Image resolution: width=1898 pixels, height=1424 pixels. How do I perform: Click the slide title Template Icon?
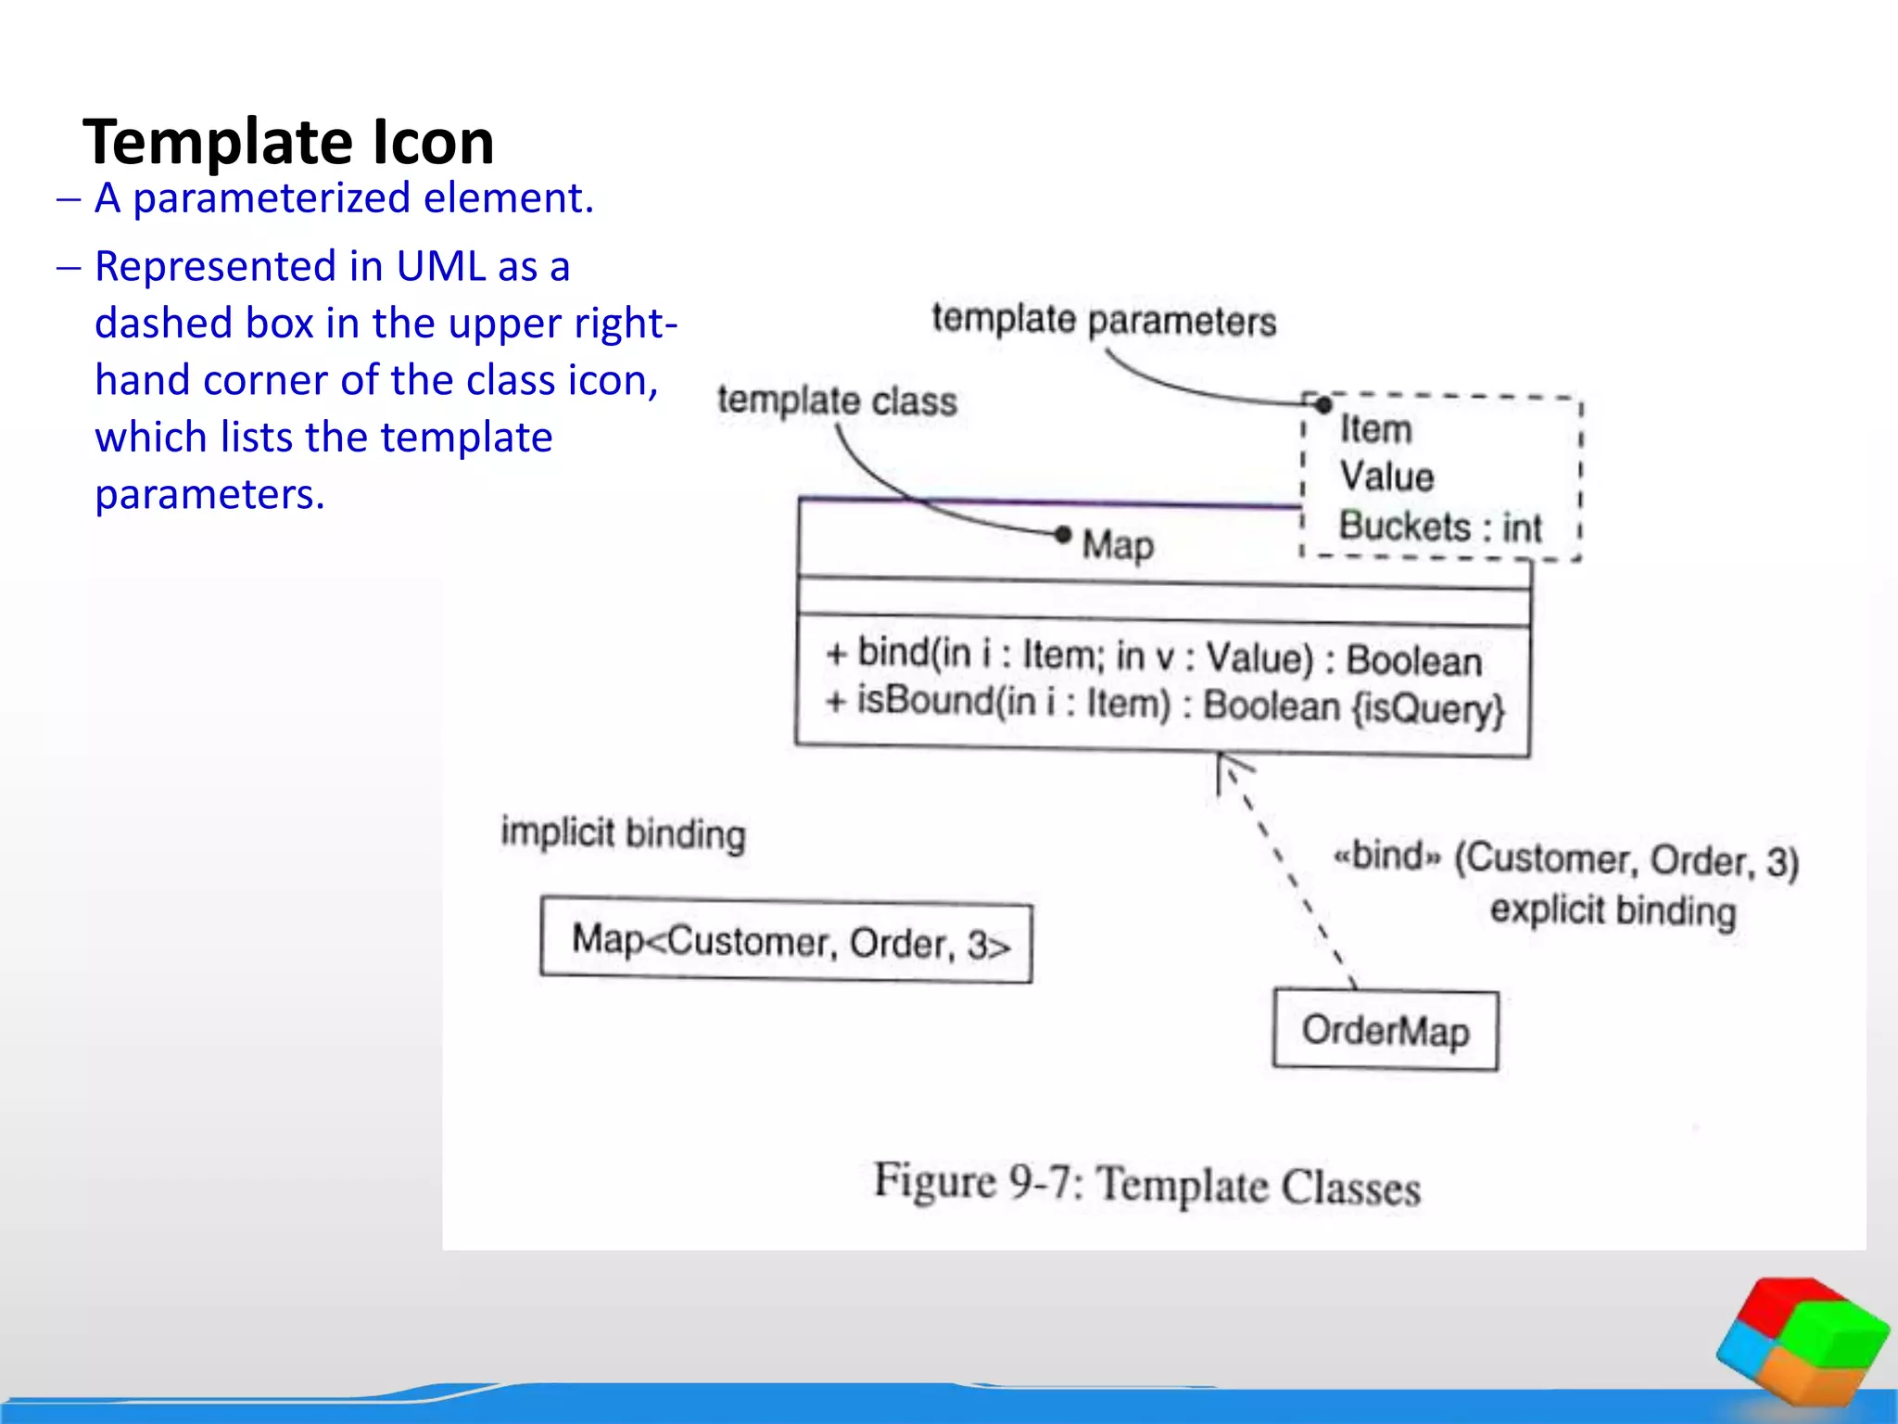[288, 142]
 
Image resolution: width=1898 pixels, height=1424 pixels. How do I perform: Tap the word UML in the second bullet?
[440, 267]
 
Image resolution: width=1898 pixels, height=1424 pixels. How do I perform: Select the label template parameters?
[1103, 320]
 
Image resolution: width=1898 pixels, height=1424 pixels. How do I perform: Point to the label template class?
[837, 400]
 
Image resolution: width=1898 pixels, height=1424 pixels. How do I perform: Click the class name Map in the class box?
[1118, 544]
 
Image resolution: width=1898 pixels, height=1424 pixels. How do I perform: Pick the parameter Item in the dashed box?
[1375, 429]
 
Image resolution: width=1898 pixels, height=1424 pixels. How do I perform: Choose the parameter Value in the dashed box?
[1386, 477]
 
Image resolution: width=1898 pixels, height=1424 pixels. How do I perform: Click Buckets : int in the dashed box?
[1439, 527]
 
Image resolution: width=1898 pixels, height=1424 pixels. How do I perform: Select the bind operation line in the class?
[1154, 656]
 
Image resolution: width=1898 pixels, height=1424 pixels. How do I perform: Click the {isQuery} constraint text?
[1427, 708]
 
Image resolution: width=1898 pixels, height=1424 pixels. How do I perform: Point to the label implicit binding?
[623, 833]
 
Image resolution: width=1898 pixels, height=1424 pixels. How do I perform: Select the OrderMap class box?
[1385, 1030]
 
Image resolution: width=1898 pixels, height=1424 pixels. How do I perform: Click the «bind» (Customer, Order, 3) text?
[1565, 858]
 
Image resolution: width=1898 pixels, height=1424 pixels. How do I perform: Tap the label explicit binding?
[1613, 909]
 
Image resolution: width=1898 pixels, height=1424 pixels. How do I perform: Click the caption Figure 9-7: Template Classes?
[1146, 1184]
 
